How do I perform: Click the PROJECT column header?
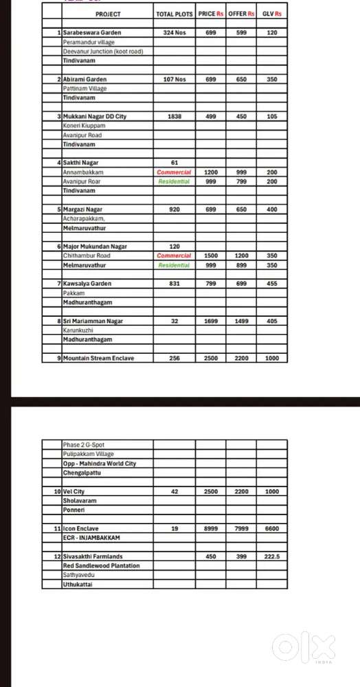tap(108, 14)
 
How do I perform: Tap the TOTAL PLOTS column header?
tap(175, 14)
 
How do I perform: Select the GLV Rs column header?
tap(272, 14)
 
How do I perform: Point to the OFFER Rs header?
tap(241, 14)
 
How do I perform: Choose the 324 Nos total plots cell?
tap(175, 32)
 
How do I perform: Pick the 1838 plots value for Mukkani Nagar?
tap(175, 117)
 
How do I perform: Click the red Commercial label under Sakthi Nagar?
tap(174, 172)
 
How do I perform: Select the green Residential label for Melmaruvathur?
tap(174, 264)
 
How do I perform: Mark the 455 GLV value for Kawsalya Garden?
tap(272, 283)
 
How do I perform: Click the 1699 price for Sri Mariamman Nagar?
tap(211, 321)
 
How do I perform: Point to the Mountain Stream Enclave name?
tap(98, 358)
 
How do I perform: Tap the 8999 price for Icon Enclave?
tap(211, 528)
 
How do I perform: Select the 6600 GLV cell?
tap(272, 528)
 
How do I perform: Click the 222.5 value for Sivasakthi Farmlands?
tap(272, 556)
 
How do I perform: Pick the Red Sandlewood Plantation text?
tap(101, 565)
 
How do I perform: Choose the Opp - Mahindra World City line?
tap(99, 463)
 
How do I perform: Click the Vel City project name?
tap(74, 492)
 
